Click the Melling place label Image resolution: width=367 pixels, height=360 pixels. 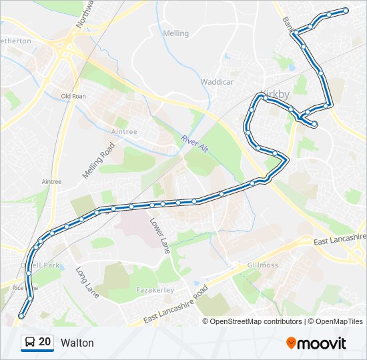[176, 33]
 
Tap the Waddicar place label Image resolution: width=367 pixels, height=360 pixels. [217, 82]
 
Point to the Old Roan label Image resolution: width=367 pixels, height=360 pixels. [73, 96]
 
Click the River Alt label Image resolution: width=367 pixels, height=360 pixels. [194, 143]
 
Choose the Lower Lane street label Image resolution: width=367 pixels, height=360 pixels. [161, 235]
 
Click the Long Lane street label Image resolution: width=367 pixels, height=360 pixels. [86, 281]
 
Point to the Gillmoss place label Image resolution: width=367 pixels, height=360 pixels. [262, 265]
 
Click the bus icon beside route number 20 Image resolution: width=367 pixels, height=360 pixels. [30, 343]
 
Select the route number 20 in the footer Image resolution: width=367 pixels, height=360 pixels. [45, 343]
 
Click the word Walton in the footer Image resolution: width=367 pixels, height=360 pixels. [77, 343]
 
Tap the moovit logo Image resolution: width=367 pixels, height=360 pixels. [316, 343]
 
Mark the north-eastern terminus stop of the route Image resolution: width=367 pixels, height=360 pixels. [346, 10]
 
